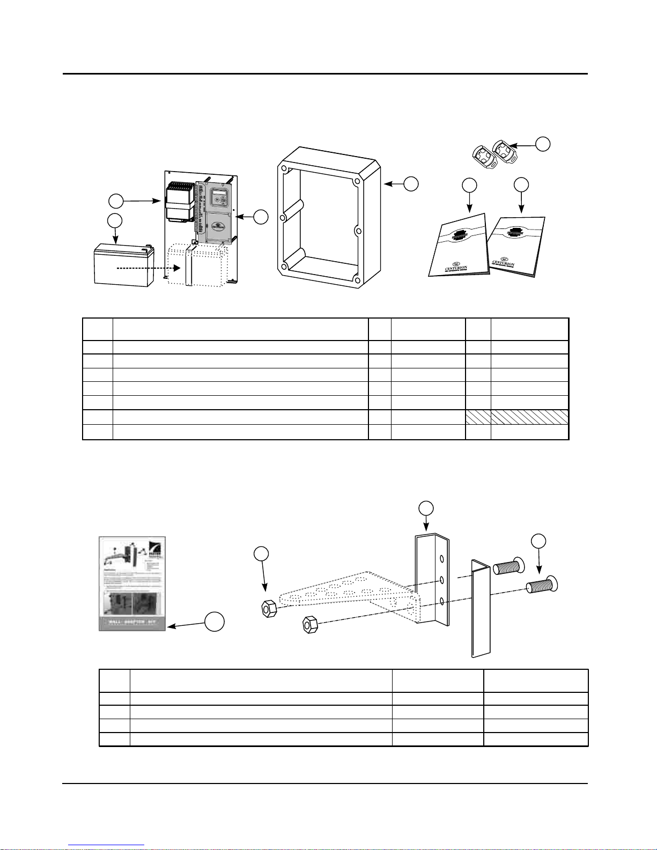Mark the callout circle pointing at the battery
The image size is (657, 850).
pos(114,220)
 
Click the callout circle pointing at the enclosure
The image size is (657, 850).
pos(410,183)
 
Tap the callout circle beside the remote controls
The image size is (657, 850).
pos(543,143)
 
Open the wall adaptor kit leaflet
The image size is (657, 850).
pos(132,583)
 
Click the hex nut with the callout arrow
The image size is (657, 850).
pos(267,609)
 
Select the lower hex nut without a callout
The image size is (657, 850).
pos(309,624)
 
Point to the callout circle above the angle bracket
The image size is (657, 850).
pos(425,508)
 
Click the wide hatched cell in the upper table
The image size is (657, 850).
pos(529,417)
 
